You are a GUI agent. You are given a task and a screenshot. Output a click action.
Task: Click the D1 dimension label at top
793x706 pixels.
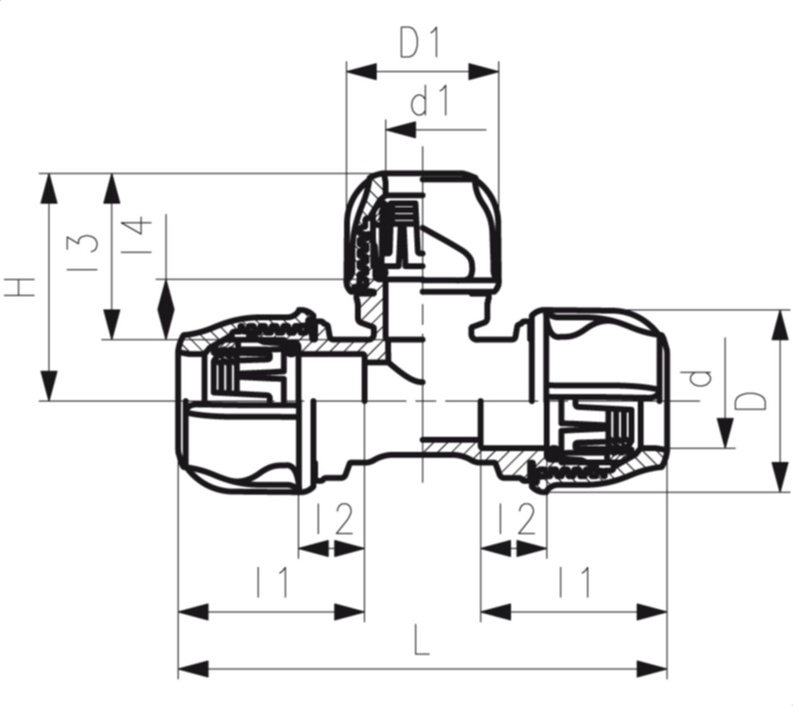point(420,45)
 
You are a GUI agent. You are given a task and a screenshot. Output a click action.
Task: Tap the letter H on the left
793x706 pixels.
point(21,288)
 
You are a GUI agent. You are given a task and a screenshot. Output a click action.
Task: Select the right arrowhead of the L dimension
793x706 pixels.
point(653,668)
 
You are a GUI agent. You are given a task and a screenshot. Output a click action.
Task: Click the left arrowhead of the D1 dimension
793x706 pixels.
point(361,72)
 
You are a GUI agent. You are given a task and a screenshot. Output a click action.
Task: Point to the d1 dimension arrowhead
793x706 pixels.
point(399,130)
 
